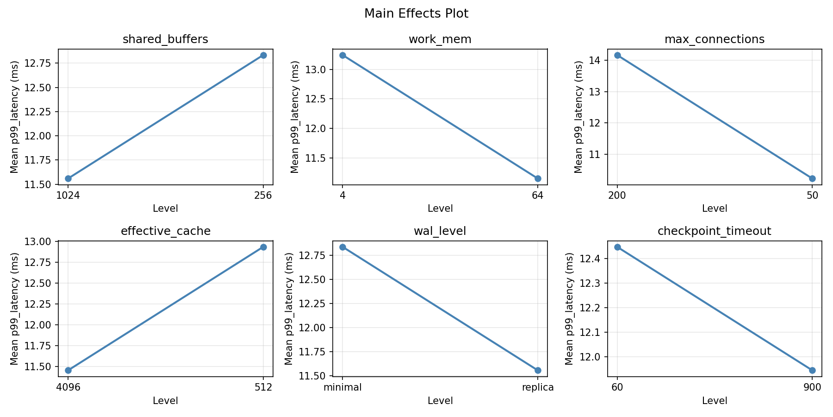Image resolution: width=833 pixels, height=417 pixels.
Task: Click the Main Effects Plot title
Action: (416, 13)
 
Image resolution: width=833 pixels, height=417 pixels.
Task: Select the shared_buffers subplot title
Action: (165, 39)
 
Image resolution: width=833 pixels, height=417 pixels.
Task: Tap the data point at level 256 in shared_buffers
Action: (263, 55)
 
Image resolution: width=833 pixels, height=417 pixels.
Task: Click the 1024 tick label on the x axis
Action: (68, 196)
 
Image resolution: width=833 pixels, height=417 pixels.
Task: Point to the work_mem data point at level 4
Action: (342, 55)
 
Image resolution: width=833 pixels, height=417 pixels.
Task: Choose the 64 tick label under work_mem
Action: (538, 196)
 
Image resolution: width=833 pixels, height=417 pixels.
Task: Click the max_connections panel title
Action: (714, 39)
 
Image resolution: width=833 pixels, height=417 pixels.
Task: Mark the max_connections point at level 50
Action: (812, 178)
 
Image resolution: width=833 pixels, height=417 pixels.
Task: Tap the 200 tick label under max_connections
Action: (617, 196)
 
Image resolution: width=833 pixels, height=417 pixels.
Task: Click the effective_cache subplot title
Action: (165, 231)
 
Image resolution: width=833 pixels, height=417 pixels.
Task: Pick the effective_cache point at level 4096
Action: (68, 370)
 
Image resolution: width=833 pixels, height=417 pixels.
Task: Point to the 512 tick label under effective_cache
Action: (263, 387)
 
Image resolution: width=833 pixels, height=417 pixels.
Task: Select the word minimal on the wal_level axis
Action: (342, 387)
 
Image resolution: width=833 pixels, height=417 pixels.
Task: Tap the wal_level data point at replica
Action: (538, 370)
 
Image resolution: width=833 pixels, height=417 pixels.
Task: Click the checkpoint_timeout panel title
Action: (714, 231)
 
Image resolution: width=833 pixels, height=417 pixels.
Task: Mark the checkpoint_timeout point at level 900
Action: (812, 370)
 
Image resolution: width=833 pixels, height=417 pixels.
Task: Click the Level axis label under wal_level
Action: (440, 401)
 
